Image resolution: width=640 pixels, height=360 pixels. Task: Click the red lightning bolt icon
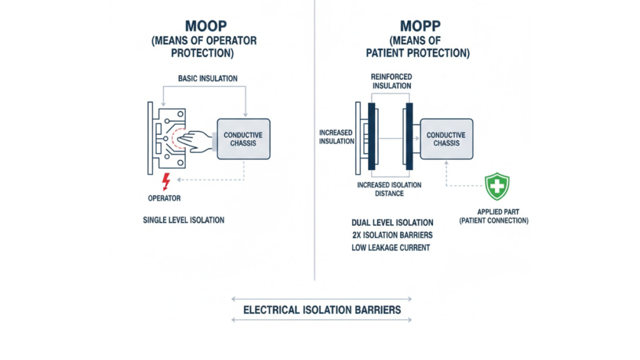[166, 182]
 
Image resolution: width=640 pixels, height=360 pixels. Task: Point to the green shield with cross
[497, 186]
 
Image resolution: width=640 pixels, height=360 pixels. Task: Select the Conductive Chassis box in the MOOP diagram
[243, 139]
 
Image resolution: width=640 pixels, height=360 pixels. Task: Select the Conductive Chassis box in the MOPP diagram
[446, 139]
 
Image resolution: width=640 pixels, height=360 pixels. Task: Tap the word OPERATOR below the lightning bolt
[165, 198]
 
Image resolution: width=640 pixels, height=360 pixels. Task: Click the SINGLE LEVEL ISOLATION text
[184, 220]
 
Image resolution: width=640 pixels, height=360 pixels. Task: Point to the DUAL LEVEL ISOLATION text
[392, 222]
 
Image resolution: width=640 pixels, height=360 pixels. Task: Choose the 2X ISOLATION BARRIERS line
[392, 235]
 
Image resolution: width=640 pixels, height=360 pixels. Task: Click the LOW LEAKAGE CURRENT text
[392, 248]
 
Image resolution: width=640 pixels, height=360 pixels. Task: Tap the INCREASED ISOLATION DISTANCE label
[389, 189]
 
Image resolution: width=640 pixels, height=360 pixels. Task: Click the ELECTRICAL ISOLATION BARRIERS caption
[322, 309]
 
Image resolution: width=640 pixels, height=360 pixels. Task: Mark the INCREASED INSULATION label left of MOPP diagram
[336, 137]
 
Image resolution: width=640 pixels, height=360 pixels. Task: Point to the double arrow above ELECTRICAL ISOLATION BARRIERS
[322, 299]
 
